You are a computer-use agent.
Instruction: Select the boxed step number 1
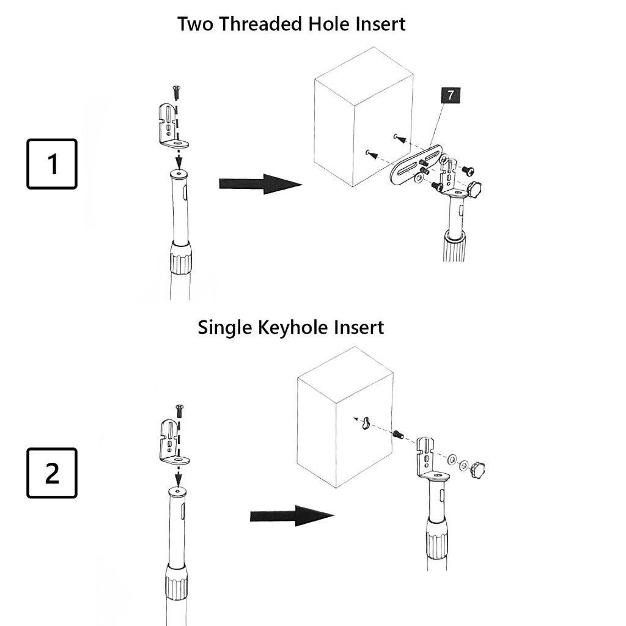(x=52, y=164)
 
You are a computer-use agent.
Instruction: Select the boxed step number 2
(x=52, y=473)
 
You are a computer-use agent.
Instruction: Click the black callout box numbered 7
(x=451, y=95)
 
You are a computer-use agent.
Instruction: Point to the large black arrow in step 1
(x=260, y=183)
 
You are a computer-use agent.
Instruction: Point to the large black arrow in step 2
(x=292, y=515)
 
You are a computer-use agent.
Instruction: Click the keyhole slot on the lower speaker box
(x=366, y=422)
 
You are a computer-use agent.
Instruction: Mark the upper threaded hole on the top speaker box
(x=396, y=136)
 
